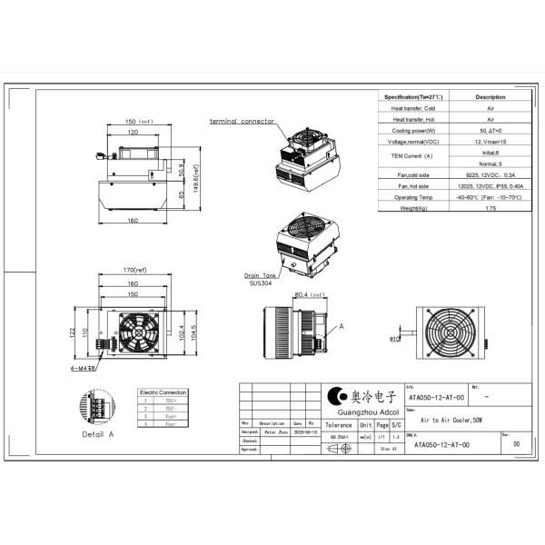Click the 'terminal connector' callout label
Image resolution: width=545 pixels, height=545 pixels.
pos(242,121)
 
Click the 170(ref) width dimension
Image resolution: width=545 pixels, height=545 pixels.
pos(136,270)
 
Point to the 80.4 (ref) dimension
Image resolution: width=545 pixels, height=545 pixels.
pos(310,295)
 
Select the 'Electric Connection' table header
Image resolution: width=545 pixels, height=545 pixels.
pos(163,392)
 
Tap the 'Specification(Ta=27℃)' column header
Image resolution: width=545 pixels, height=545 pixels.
pos(413,96)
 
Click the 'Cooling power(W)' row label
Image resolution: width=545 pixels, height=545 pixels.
pos(413,130)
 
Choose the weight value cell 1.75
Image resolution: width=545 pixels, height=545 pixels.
pos(490,209)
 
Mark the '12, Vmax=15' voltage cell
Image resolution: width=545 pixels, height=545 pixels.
pos(490,142)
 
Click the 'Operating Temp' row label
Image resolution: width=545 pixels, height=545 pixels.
pos(413,197)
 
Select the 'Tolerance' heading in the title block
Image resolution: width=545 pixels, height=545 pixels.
pos(338,424)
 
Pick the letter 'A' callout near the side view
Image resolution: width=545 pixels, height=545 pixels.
pos(342,324)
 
